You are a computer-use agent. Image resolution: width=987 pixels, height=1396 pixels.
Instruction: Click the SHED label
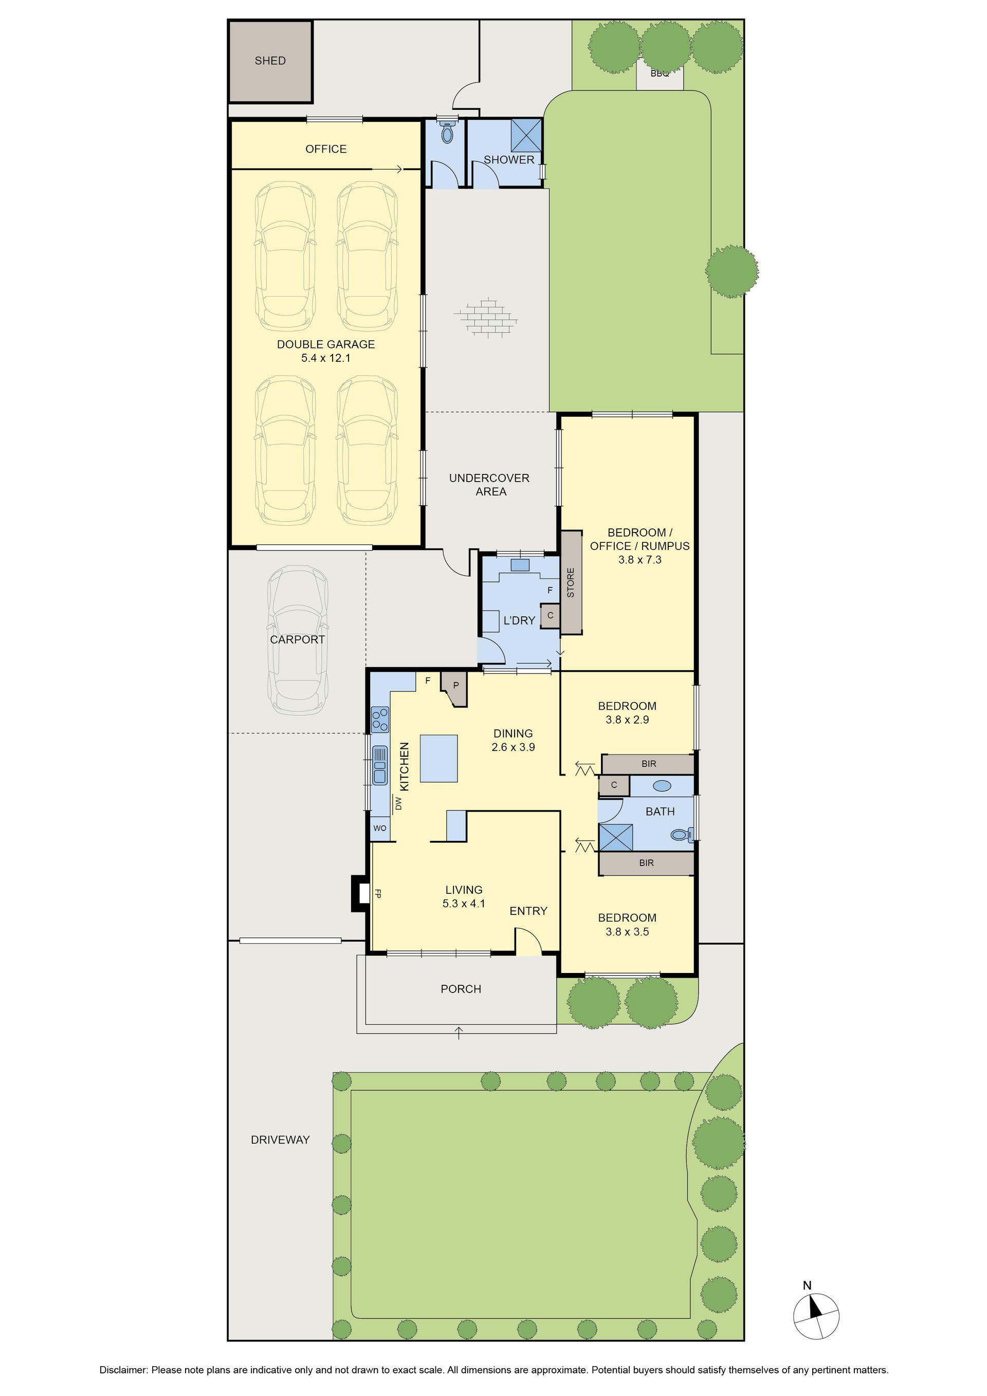(270, 61)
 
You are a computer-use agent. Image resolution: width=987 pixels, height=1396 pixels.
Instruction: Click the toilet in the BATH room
(682, 835)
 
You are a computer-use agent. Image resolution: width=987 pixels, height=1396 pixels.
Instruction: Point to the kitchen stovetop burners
(380, 719)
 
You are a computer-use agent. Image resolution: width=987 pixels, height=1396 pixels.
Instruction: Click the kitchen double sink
(380, 765)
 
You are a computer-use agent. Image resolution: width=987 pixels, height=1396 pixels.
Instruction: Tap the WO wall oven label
(379, 828)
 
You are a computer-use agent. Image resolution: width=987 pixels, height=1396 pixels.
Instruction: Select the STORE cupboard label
(571, 582)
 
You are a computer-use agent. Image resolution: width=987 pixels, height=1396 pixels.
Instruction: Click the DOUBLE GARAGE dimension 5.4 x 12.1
(326, 358)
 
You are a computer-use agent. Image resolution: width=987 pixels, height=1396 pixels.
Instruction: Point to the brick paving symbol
(486, 317)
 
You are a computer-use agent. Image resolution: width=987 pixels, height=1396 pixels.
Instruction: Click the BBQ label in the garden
(660, 74)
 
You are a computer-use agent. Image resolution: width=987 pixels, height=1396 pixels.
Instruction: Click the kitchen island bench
(438, 758)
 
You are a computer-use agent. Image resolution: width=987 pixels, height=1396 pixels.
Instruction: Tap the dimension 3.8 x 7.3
(640, 560)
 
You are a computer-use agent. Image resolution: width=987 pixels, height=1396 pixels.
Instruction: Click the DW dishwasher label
(399, 803)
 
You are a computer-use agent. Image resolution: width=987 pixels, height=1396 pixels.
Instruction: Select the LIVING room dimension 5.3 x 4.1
(464, 904)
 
